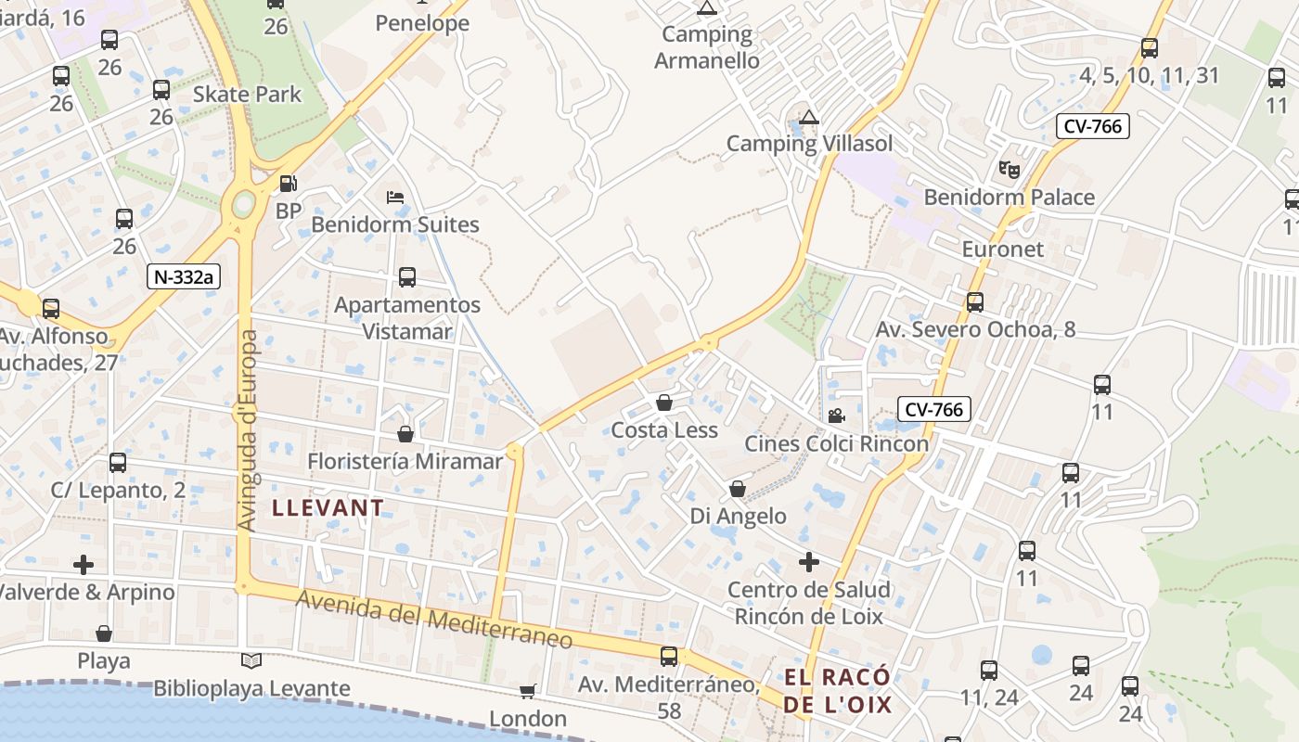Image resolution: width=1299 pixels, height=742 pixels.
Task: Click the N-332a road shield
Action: [188, 276]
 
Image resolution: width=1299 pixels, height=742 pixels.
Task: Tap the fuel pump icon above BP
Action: [289, 184]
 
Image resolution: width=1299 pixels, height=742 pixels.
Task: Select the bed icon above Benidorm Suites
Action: [395, 197]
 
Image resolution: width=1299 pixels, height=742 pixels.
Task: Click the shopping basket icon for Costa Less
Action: [664, 403]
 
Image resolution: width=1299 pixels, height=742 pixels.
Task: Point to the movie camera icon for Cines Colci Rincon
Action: [836, 416]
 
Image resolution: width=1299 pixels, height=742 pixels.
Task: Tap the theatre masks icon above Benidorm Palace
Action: [1009, 170]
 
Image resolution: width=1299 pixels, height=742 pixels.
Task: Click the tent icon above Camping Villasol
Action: [810, 117]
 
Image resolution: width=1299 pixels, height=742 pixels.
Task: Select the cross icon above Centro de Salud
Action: [809, 562]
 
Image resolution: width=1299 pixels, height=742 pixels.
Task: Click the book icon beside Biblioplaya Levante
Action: [251, 660]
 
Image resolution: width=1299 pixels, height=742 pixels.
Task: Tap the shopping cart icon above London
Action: [528, 691]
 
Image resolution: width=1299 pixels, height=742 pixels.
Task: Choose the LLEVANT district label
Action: [328, 507]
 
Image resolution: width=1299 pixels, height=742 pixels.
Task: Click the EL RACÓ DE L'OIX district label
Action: [838, 690]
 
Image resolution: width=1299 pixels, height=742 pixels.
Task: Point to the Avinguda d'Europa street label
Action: [248, 430]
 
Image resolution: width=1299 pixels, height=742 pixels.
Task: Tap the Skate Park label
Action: [247, 94]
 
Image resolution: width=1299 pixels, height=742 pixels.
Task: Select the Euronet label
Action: [1002, 249]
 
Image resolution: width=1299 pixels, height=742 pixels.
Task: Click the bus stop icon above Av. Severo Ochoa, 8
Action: [975, 301]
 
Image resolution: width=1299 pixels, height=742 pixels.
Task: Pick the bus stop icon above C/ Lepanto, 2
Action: [118, 463]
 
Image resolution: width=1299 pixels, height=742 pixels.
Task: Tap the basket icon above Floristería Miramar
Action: [405, 433]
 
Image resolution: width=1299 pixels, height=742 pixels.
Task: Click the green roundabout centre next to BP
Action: [244, 202]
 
